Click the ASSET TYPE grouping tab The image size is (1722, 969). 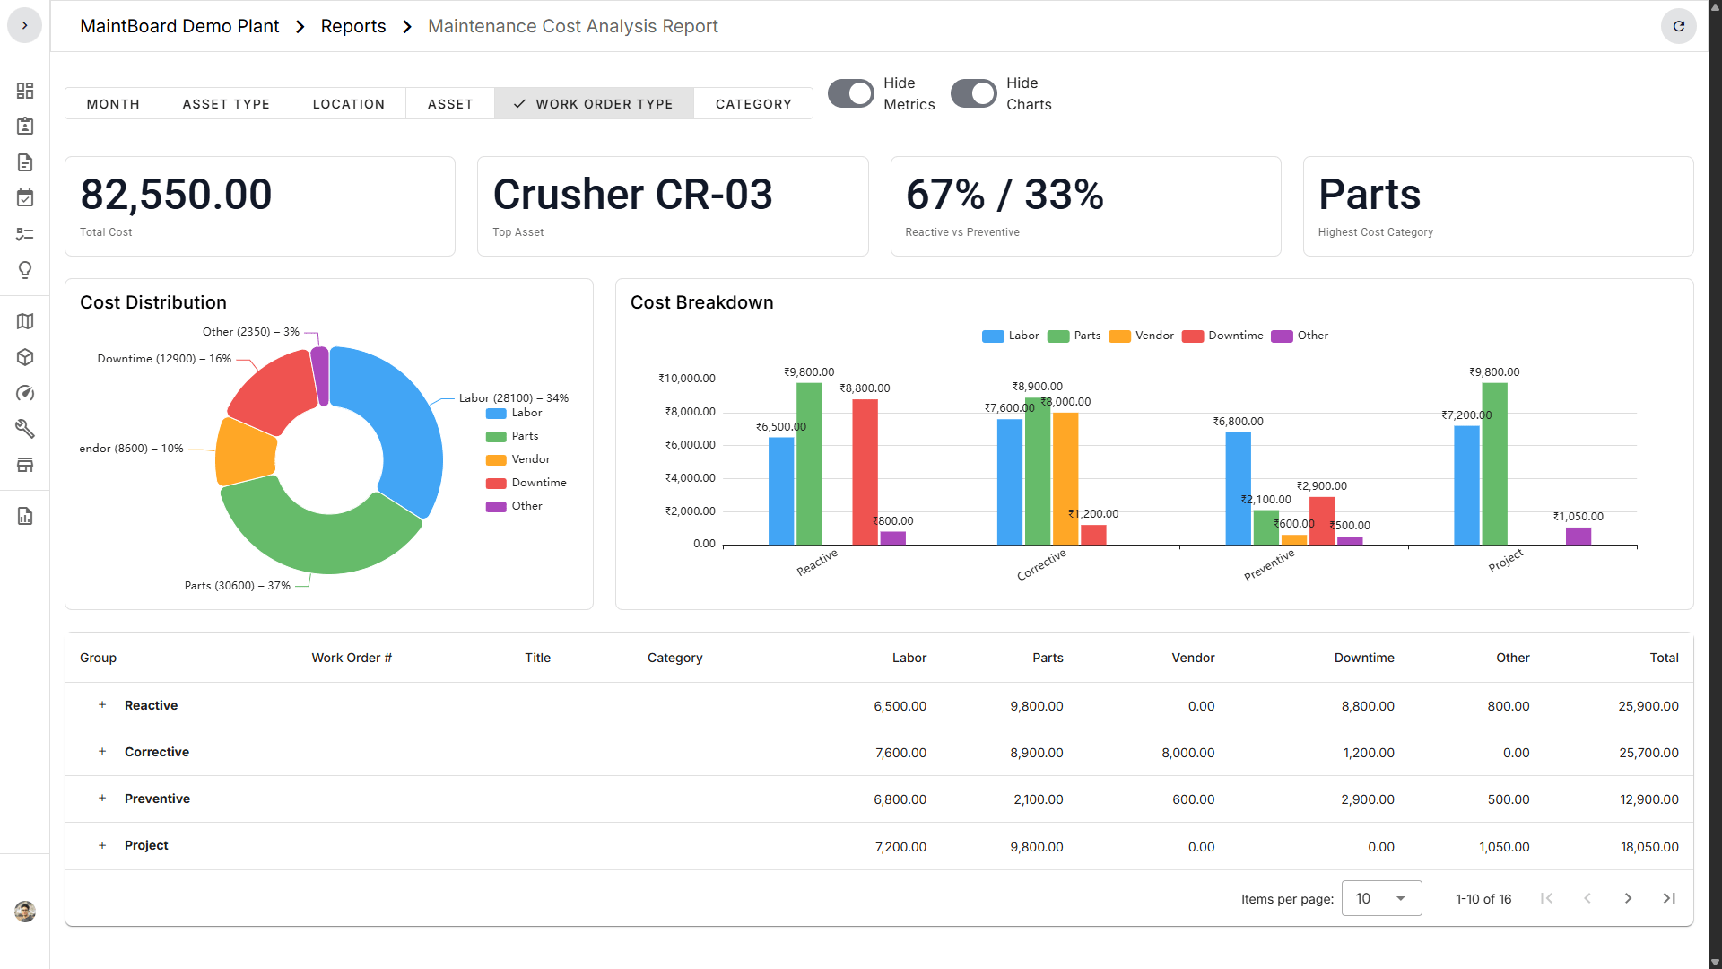pos(226,104)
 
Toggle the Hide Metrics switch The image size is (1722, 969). pos(850,93)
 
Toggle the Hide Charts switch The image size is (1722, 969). pos(973,93)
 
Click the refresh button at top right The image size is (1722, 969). pos(1678,26)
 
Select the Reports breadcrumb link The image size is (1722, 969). pos(353,26)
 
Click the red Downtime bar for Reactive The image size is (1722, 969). pos(865,472)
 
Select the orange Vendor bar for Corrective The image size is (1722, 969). pos(1065,478)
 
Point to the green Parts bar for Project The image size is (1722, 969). pos(1494,464)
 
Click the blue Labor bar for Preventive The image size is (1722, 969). pos(1238,488)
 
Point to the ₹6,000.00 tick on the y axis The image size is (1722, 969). pos(690,445)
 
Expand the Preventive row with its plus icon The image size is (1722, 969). pos(102,799)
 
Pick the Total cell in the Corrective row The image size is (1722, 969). pos(1648,753)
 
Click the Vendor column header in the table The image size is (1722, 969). pos(1192,658)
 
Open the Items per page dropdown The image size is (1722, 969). pos(1381,898)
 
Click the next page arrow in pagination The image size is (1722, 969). pos(1628,898)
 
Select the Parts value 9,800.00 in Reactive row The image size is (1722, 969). pos(1036,706)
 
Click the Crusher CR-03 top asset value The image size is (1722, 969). pos(632,195)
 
